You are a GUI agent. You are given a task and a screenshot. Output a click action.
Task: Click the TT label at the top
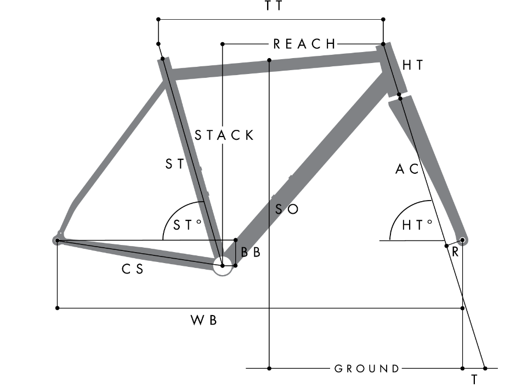[x=274, y=5]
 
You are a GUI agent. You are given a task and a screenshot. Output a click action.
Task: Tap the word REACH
[x=304, y=44]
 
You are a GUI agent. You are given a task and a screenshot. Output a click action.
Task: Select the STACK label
[x=224, y=135]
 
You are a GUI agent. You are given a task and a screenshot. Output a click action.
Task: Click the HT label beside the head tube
[x=413, y=65]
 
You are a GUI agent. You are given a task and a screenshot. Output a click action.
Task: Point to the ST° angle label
[x=187, y=225]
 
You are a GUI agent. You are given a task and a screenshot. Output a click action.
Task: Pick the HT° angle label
[x=417, y=225]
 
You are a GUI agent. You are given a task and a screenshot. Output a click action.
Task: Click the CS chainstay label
[x=132, y=269]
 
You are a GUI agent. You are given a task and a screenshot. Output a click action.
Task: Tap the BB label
[x=251, y=252]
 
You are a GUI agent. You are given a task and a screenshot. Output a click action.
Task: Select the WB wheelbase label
[x=203, y=320]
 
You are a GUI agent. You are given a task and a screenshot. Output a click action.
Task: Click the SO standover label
[x=287, y=209]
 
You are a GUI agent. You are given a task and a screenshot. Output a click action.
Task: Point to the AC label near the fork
[x=407, y=169]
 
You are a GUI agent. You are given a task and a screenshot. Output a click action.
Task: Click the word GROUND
[x=367, y=369]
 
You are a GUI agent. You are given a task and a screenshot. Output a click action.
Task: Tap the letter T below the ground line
[x=474, y=380]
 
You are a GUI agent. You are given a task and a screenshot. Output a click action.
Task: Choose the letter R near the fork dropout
[x=455, y=252]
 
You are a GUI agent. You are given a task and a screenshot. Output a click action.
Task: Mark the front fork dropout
[x=462, y=240]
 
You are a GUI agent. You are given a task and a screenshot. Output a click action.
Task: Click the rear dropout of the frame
[x=58, y=240]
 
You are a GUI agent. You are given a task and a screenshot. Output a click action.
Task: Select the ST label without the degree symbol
[x=174, y=164]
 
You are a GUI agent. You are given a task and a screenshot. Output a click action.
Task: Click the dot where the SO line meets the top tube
[x=269, y=60]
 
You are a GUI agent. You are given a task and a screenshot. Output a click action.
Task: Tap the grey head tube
[x=392, y=70]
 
